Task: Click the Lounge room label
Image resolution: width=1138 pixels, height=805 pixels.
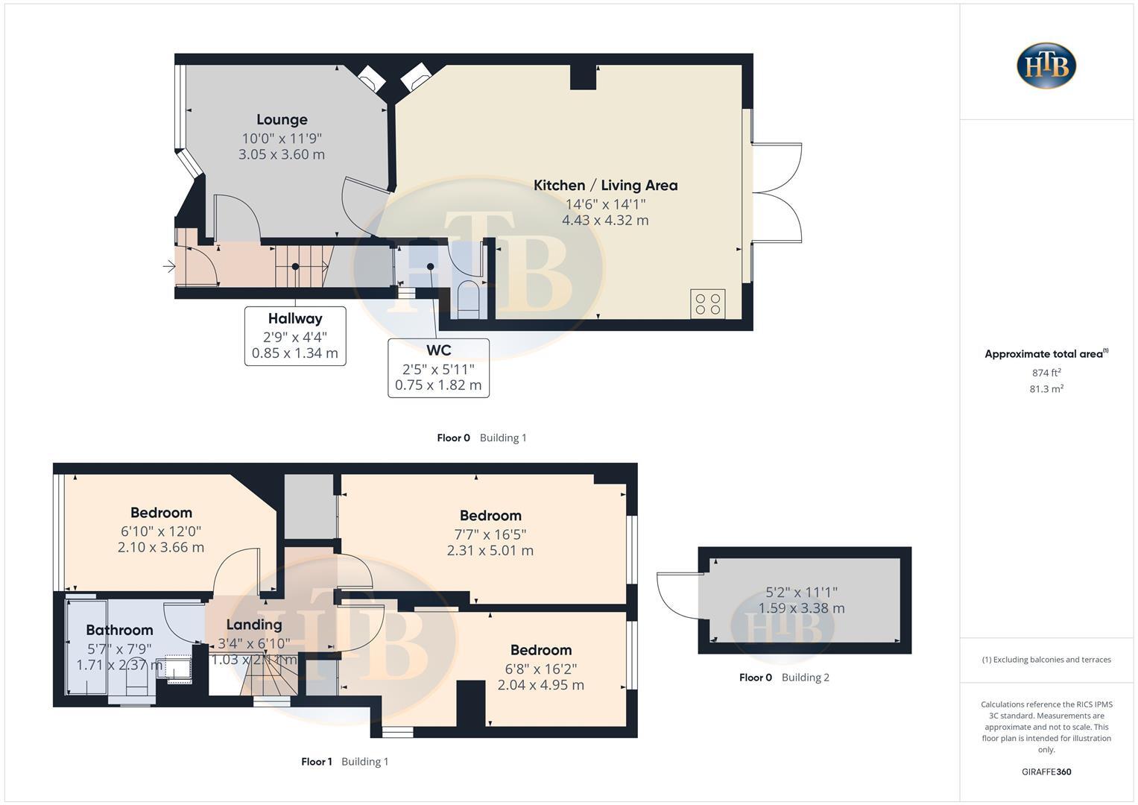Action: tap(282, 119)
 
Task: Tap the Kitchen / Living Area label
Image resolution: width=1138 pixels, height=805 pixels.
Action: tap(605, 185)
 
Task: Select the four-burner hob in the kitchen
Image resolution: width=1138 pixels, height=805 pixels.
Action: tap(707, 303)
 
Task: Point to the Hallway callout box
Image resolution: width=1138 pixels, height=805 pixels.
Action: tap(295, 335)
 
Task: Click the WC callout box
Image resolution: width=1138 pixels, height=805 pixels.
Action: tap(438, 367)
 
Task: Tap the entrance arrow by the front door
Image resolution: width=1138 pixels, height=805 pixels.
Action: tap(169, 266)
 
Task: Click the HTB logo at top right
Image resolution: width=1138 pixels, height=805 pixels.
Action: tap(1046, 66)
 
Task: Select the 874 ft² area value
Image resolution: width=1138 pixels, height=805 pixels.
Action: tap(1046, 373)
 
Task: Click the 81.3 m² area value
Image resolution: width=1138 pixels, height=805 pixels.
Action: tap(1046, 389)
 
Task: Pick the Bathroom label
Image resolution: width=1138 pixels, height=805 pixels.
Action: tap(119, 630)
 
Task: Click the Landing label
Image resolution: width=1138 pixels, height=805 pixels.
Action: tap(254, 625)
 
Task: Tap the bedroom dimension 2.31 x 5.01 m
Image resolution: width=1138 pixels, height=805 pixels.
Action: tap(490, 551)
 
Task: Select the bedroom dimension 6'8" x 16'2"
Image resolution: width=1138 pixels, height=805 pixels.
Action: tap(541, 669)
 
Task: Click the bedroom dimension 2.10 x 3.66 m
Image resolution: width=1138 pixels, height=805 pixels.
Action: tap(161, 547)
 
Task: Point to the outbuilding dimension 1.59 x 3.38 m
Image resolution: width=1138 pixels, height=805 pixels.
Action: tap(801, 608)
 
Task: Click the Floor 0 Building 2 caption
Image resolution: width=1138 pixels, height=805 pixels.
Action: tap(784, 678)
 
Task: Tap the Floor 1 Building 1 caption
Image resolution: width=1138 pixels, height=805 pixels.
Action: tap(344, 762)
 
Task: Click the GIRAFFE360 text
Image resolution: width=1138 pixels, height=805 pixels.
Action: tap(1046, 772)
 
